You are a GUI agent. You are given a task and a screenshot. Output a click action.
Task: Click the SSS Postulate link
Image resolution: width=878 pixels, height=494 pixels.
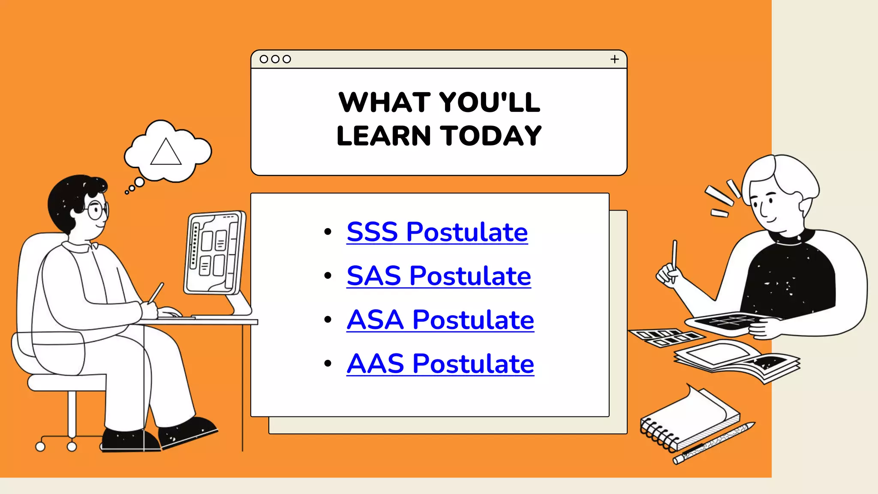coord(437,232)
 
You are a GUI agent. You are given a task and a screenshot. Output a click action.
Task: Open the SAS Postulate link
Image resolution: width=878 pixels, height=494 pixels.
coord(439,276)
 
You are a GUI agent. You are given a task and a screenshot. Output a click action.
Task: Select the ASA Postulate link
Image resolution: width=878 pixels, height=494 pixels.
coord(440,320)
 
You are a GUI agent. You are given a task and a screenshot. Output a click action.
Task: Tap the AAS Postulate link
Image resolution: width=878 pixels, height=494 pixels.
coord(440,364)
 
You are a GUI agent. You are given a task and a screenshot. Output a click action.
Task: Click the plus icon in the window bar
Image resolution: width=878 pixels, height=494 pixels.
coord(614,59)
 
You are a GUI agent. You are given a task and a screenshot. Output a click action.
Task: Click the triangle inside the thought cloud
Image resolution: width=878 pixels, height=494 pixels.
coord(166,153)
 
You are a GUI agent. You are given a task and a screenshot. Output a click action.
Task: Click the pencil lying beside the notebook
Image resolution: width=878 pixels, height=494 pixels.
coord(713,443)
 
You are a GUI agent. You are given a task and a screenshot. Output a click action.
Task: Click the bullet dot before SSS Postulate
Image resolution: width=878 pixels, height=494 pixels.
coord(328,232)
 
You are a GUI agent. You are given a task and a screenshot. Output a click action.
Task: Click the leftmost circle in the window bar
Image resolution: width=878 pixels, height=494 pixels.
coord(264,59)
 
